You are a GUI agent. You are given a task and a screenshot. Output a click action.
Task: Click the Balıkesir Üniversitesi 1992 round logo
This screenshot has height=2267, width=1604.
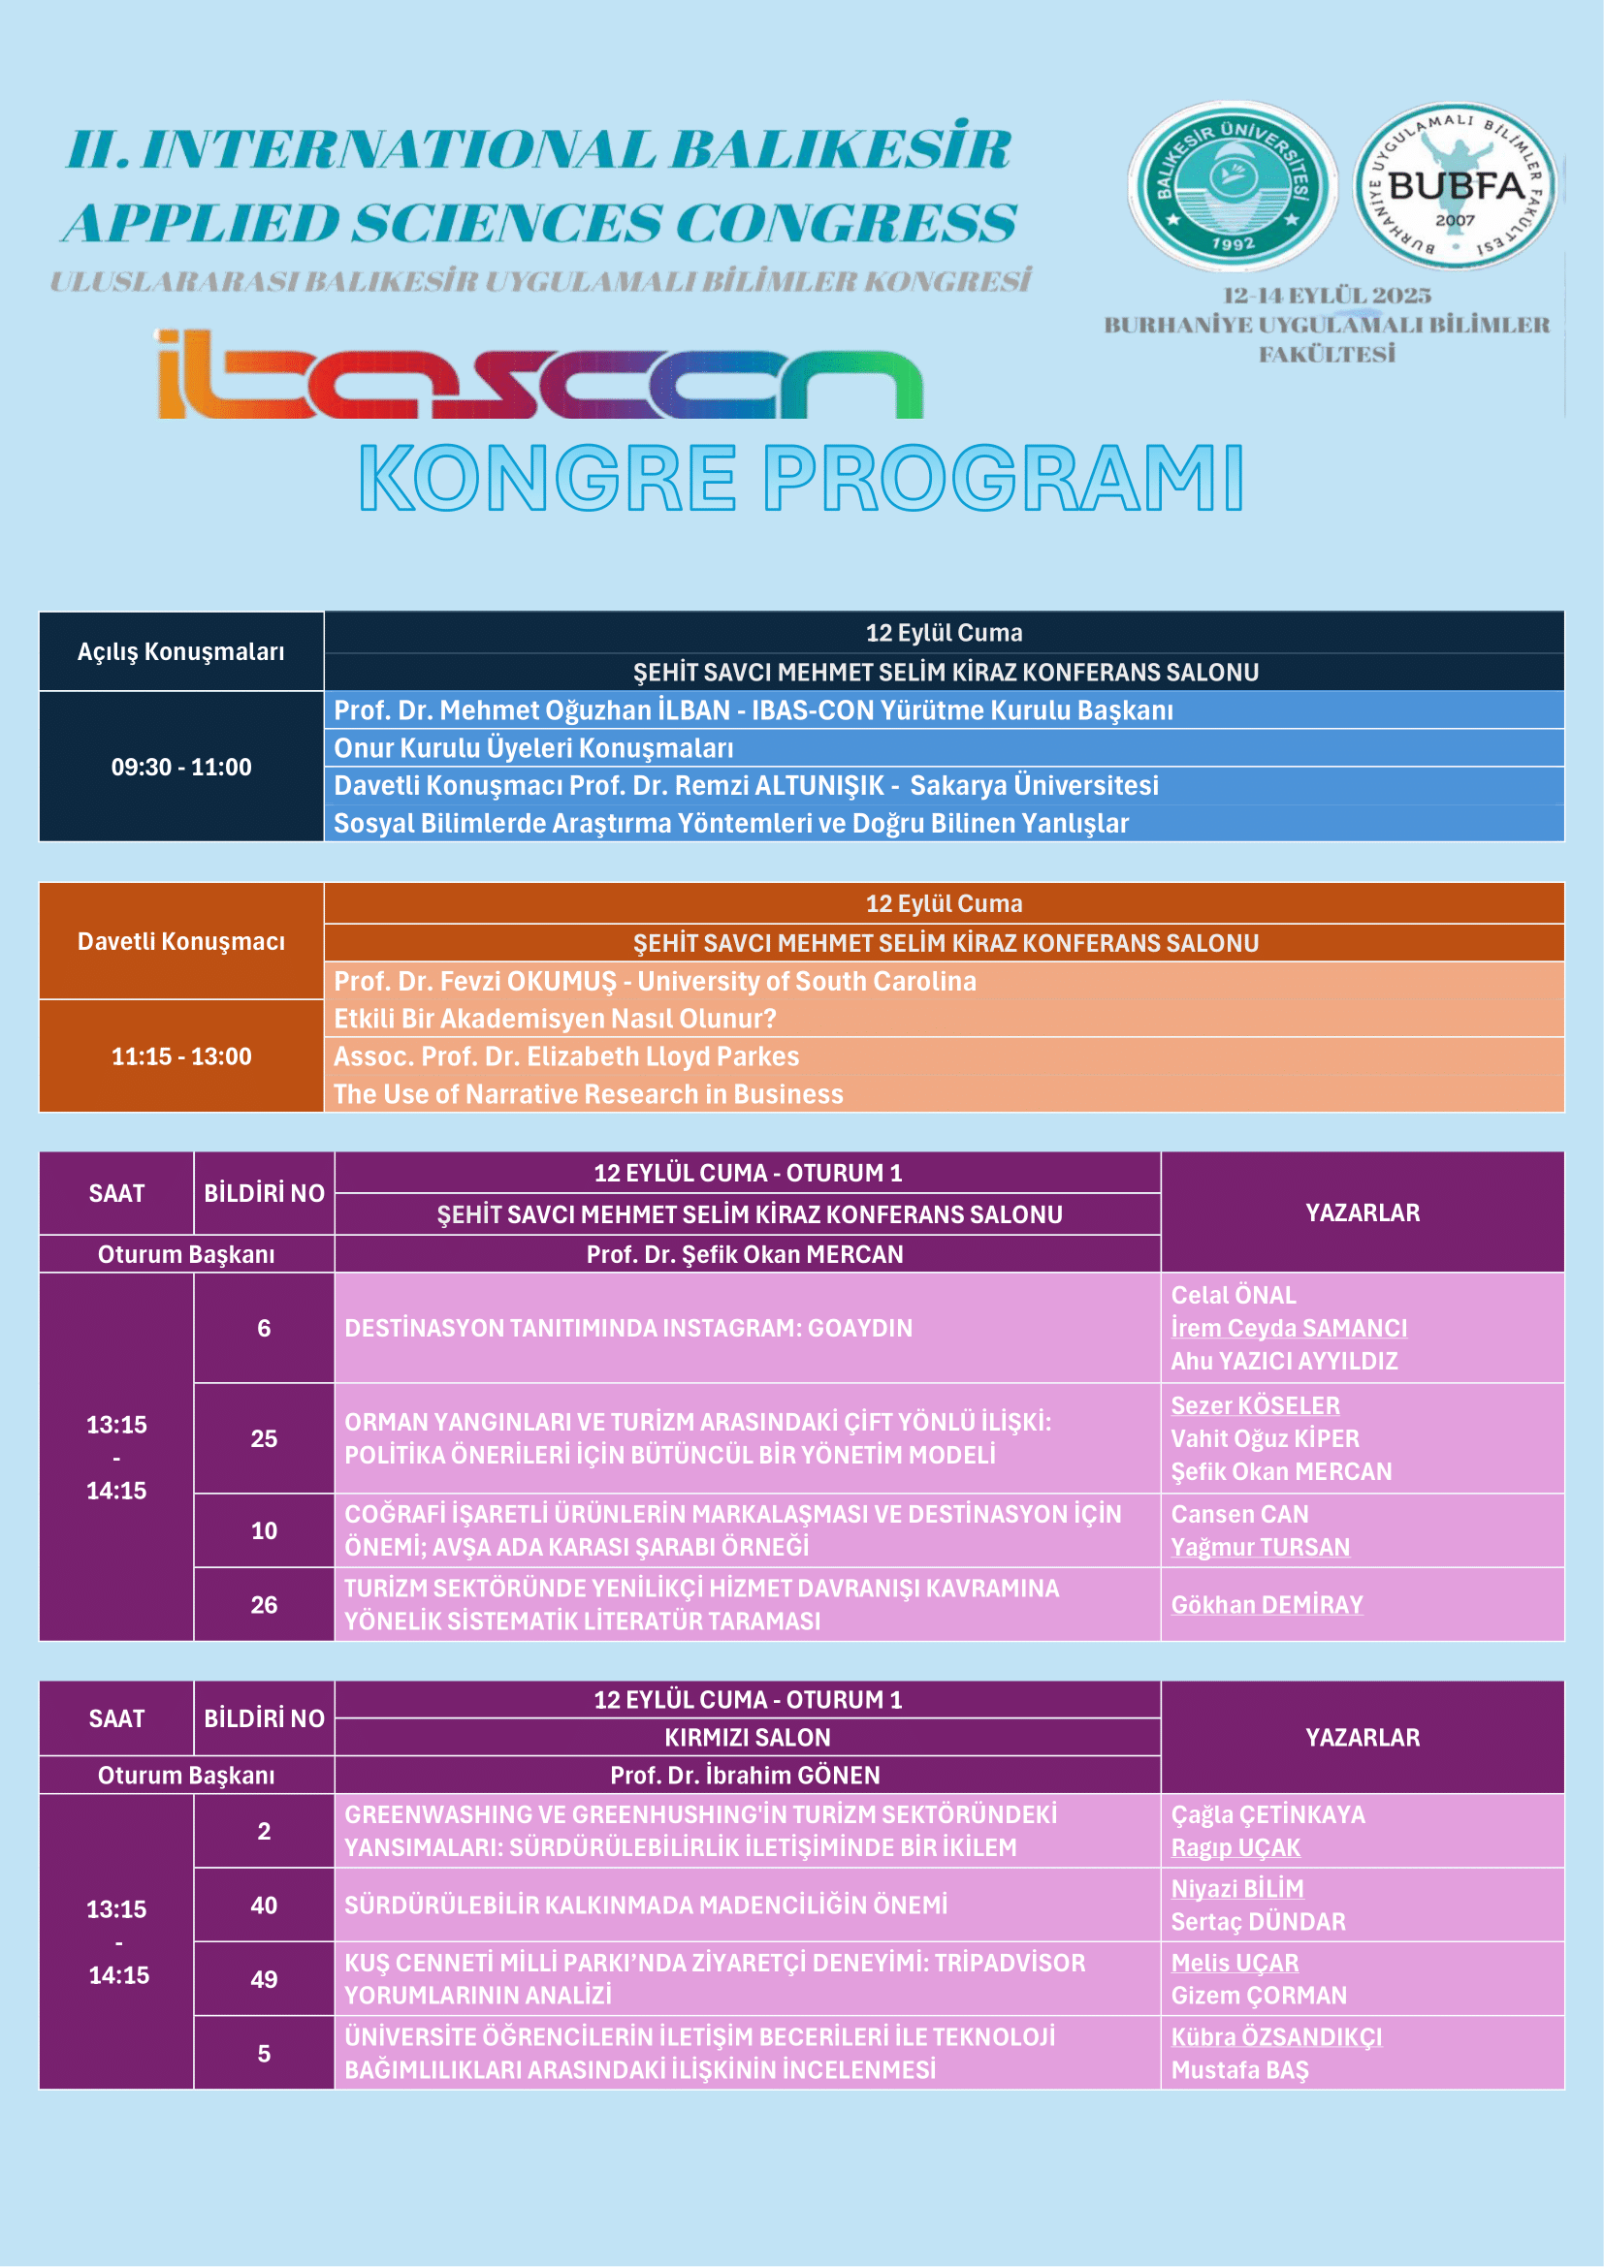[x=1232, y=187]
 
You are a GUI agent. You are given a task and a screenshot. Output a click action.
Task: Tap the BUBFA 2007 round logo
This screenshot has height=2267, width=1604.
[x=1454, y=186]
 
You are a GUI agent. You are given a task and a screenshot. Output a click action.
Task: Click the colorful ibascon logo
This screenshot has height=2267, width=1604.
[x=539, y=375]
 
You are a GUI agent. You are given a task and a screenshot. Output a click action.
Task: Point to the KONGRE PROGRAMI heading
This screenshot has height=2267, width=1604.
[x=800, y=479]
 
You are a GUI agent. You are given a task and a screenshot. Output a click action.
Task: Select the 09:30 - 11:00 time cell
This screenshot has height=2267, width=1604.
[x=180, y=768]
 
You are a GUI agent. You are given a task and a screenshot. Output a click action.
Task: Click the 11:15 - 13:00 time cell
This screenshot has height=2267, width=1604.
[x=180, y=1056]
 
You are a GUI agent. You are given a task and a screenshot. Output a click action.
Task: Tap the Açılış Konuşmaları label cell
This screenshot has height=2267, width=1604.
[x=180, y=651]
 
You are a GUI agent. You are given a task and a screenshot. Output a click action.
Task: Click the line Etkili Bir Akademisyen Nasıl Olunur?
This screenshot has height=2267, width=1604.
[x=554, y=1019]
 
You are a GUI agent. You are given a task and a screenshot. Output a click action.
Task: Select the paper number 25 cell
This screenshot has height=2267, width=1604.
[x=264, y=1438]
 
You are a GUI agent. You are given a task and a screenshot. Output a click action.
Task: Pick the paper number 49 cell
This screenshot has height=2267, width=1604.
[x=264, y=1979]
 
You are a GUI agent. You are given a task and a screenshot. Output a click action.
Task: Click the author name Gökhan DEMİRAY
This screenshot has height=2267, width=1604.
[x=1267, y=1604]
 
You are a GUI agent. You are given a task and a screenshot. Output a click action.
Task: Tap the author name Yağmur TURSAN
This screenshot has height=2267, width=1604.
[x=1261, y=1547]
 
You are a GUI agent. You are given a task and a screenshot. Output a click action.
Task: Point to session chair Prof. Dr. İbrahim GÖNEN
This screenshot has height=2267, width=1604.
[x=745, y=1776]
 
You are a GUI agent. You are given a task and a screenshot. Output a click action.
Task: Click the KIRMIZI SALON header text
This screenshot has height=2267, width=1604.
[x=747, y=1738]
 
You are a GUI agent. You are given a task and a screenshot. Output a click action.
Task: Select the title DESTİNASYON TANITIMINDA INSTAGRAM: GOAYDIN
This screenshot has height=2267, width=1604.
[x=628, y=1328]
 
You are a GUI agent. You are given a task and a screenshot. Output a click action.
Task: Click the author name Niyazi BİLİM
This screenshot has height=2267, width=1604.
[x=1236, y=1889]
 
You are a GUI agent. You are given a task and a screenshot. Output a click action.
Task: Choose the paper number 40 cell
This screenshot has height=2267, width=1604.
[x=264, y=1905]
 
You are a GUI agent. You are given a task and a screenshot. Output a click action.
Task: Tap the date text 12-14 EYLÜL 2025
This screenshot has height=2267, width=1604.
[x=1327, y=296]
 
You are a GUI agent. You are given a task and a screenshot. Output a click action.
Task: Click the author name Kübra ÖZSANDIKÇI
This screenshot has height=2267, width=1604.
[x=1276, y=2037]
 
